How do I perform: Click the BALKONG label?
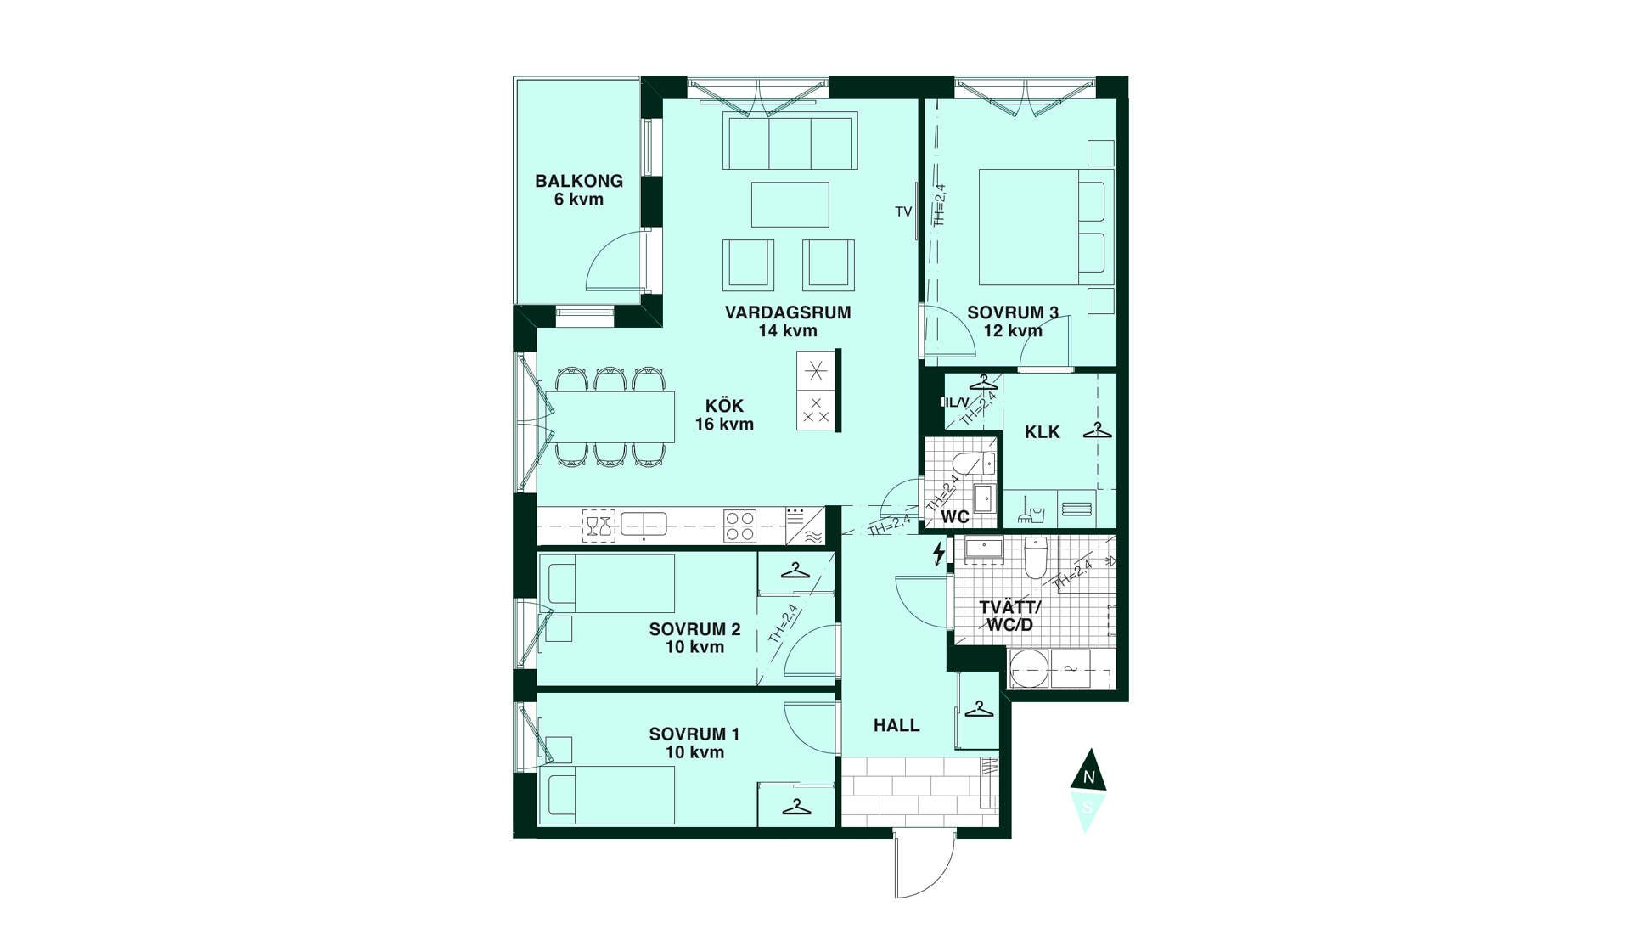coord(579,181)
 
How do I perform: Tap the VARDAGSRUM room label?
coord(788,312)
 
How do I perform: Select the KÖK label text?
coord(724,406)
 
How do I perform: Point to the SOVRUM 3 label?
coord(1013,313)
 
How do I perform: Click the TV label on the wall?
coord(903,211)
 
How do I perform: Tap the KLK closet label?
coord(1042,432)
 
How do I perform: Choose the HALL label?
coord(896,725)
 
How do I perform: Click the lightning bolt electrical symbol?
coord(938,554)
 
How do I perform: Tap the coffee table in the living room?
coord(790,205)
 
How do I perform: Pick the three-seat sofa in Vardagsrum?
coord(789,142)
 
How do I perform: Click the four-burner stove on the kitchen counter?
coord(739,525)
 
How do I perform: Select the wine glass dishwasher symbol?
coord(599,526)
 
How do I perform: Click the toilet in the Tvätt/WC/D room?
coord(1036,556)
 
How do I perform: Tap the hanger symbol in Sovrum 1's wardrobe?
coord(796,807)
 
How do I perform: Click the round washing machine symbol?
coord(1029,669)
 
